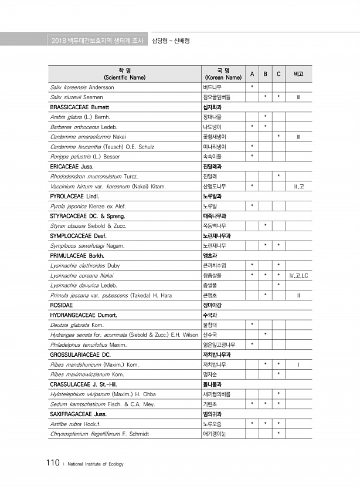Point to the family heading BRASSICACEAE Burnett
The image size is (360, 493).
[x=80, y=107]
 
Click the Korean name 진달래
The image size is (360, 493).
[x=209, y=176]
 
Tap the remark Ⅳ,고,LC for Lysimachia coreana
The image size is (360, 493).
[x=298, y=275]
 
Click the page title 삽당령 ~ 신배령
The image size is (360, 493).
[x=171, y=40]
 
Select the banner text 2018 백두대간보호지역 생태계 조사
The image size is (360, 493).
[x=96, y=40]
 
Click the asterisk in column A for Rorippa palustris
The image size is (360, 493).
[x=252, y=156]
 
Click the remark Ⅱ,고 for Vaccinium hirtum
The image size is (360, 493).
[x=298, y=186]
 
